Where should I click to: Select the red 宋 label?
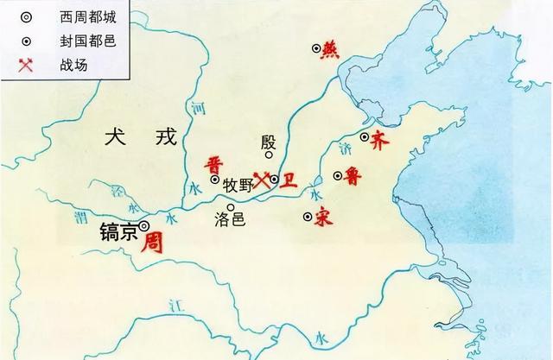click(x=323, y=218)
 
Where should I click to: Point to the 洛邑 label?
click(x=229, y=218)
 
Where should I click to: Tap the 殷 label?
click(x=268, y=141)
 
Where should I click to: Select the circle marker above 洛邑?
click(x=231, y=206)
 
